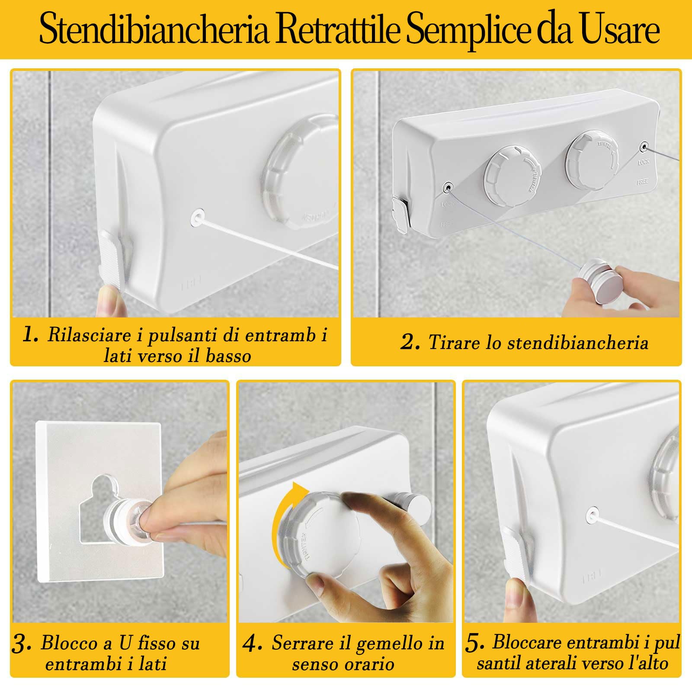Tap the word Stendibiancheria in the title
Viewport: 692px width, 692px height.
point(154,29)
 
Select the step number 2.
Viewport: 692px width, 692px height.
point(410,342)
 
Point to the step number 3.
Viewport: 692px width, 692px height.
point(22,644)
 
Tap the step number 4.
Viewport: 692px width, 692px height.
point(252,644)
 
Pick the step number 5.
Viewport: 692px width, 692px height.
point(474,644)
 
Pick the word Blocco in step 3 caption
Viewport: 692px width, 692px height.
point(69,643)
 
